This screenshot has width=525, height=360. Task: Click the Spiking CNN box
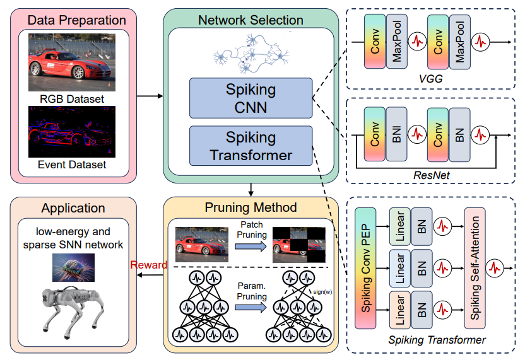[x=251, y=98]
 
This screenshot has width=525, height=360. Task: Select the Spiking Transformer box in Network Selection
[x=251, y=146]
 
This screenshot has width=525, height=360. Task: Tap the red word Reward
[x=149, y=265]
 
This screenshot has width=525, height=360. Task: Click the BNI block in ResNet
[x=396, y=134]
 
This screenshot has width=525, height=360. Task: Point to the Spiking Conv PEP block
[x=365, y=268]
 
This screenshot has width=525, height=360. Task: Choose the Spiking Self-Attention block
[x=475, y=268]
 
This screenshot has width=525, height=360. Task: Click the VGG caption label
[x=430, y=79]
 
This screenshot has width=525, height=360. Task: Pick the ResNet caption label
[x=431, y=175]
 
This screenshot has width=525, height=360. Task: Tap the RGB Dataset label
[x=72, y=99]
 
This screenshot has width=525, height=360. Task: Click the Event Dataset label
[x=72, y=165]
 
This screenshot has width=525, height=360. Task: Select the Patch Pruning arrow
[x=251, y=247]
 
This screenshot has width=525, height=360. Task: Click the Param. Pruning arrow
[x=251, y=308]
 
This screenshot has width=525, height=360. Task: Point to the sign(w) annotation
[x=323, y=292]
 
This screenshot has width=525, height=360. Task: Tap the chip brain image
[x=73, y=268]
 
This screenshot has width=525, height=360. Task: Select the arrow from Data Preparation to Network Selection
[x=150, y=96]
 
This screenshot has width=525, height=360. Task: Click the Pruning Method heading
[x=251, y=207]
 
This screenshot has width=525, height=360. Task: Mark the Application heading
[x=73, y=208]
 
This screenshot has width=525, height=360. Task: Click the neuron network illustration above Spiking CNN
[x=251, y=54]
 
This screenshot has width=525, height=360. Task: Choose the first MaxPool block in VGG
[x=397, y=42]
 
